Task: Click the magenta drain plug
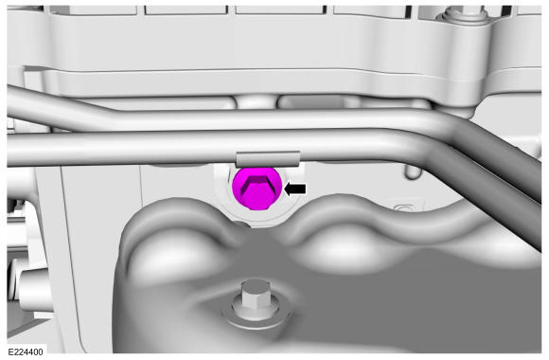click(x=257, y=189)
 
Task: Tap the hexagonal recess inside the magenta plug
click(x=257, y=189)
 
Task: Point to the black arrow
click(x=295, y=189)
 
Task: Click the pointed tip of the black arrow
click(x=284, y=189)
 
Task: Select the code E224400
click(x=26, y=351)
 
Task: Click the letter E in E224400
click(x=10, y=351)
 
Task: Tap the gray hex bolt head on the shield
click(x=256, y=298)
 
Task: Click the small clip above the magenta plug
click(x=268, y=159)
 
